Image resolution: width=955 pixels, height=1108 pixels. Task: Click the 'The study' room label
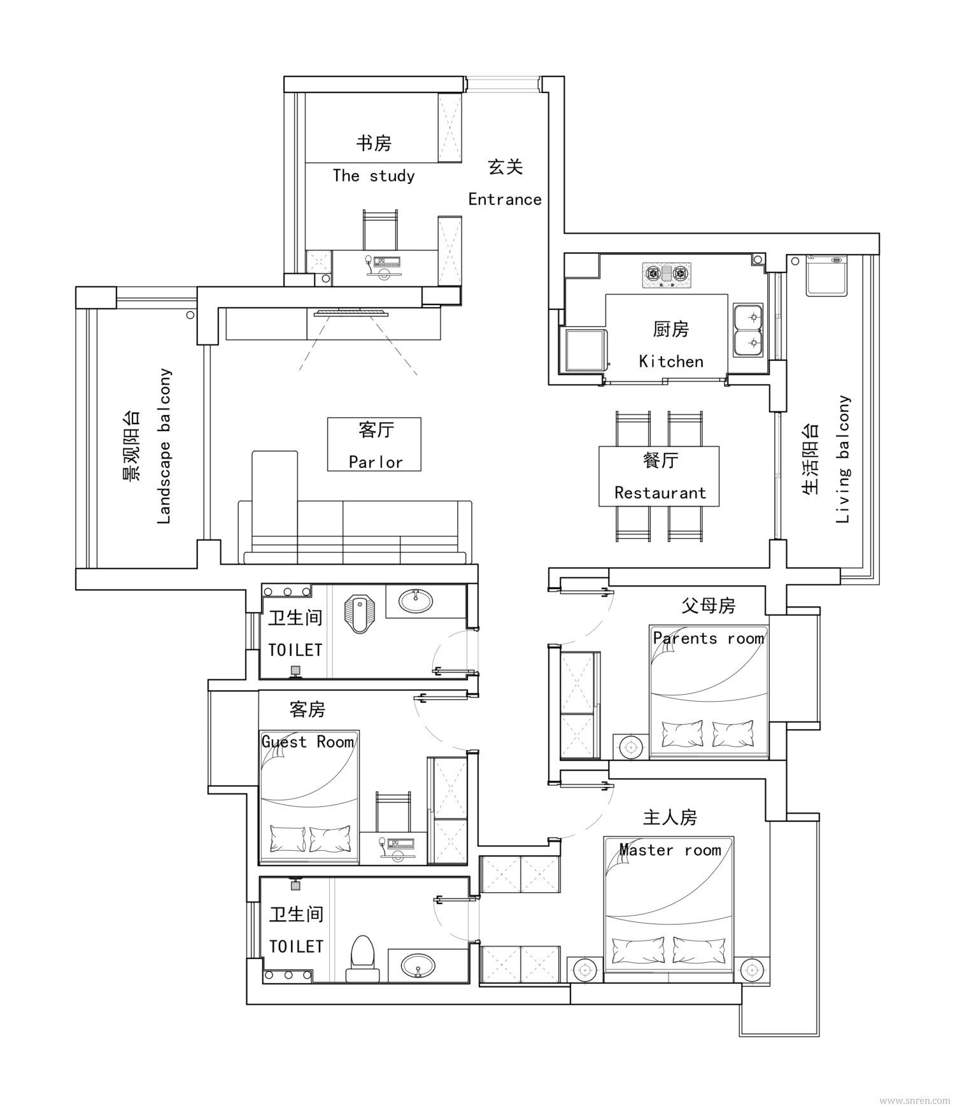pyautogui.click(x=374, y=176)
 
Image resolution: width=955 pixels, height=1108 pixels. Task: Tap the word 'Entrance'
pyautogui.click(x=505, y=199)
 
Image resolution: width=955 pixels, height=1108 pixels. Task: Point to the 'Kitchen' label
pyautogui.click(x=671, y=362)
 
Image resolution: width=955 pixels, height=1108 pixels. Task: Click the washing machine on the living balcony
pyautogui.click(x=826, y=275)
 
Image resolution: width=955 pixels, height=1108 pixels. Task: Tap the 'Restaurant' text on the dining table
pyautogui.click(x=660, y=493)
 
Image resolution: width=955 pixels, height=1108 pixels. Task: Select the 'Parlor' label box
pyautogui.click(x=374, y=444)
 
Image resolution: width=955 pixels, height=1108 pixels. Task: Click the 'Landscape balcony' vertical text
pyautogui.click(x=164, y=446)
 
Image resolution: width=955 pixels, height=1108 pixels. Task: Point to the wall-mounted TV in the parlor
pyautogui.click(x=351, y=313)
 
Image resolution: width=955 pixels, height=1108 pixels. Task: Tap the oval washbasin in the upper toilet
pyautogui.click(x=415, y=600)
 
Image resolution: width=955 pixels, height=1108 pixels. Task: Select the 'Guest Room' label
pyautogui.click(x=308, y=742)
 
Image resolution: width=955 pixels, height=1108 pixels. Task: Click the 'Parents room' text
pyautogui.click(x=709, y=639)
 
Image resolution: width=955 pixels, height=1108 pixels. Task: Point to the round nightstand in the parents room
pyautogui.click(x=631, y=746)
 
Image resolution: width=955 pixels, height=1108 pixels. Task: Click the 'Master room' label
pyautogui.click(x=670, y=850)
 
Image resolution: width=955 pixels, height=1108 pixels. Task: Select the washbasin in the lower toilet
pyautogui.click(x=417, y=965)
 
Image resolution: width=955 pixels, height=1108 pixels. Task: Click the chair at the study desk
pyautogui.click(x=380, y=230)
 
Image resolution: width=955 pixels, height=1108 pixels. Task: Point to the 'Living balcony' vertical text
pyautogui.click(x=843, y=459)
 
